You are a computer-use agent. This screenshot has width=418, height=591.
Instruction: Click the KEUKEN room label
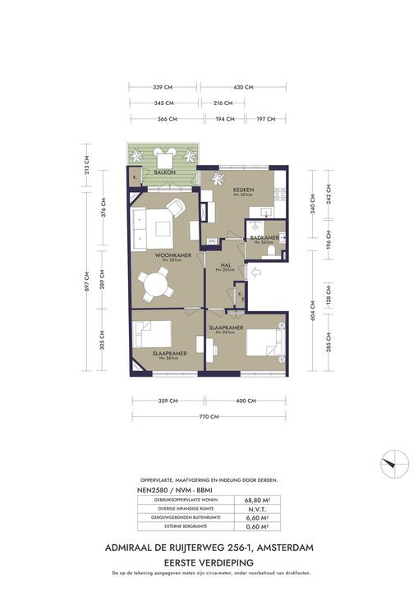tap(243, 190)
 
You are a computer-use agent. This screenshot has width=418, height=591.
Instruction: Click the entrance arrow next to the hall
tap(255, 272)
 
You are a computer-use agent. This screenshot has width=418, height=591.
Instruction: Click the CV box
tap(211, 241)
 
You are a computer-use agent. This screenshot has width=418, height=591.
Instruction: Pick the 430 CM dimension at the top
tap(242, 86)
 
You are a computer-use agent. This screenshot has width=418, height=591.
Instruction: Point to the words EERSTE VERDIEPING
tap(209, 559)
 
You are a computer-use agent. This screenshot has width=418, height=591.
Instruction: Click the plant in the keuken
tap(218, 178)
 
